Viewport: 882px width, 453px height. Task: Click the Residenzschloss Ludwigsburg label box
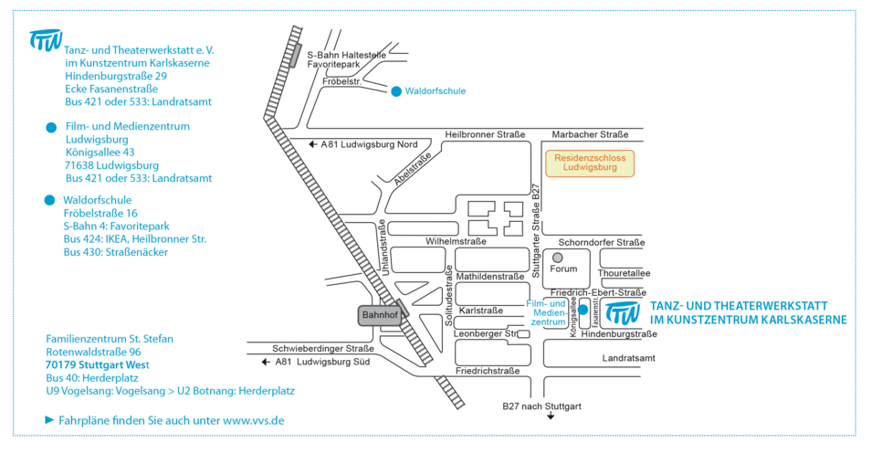click(589, 163)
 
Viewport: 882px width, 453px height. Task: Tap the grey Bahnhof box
click(380, 314)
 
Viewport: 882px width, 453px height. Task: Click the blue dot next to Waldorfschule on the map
click(395, 91)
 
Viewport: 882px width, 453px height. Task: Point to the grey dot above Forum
click(557, 258)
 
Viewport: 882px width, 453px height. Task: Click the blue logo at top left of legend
click(45, 39)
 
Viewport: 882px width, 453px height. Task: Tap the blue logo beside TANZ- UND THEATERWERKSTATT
click(623, 313)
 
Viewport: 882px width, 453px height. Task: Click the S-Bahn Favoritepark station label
click(349, 59)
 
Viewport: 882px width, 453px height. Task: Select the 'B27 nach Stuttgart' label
click(541, 406)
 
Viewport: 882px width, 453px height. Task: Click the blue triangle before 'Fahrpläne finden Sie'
click(49, 420)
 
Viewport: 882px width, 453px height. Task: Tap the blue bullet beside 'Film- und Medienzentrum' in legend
click(50, 128)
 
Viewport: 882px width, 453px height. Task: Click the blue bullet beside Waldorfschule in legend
click(50, 200)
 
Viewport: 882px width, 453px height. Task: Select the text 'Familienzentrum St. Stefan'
click(110, 339)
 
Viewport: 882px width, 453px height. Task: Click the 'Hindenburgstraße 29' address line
click(115, 77)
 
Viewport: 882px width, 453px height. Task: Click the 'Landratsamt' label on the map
click(628, 358)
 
